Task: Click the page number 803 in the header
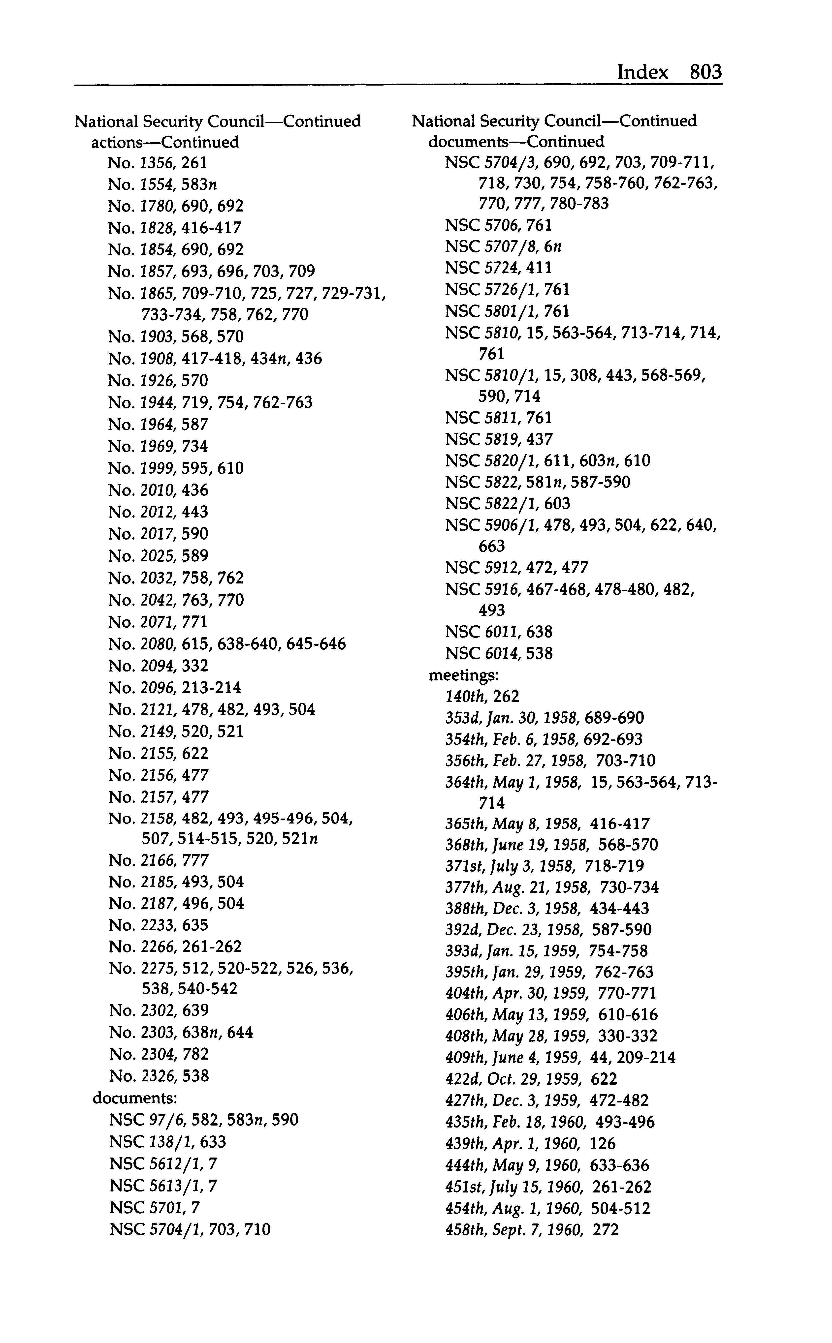[705, 72]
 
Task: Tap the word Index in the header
[642, 72]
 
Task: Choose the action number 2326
[157, 1076]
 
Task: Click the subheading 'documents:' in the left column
[135, 1098]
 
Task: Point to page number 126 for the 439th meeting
[603, 1144]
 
